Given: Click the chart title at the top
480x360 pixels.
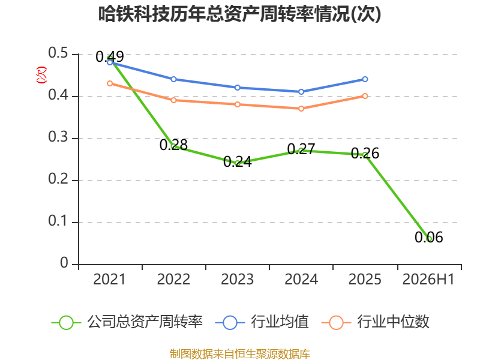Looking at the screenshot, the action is point(239,14).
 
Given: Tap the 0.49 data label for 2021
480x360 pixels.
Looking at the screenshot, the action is point(110,56).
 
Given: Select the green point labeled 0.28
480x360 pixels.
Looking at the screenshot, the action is point(173,146).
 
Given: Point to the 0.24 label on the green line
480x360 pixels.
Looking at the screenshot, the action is point(238,162).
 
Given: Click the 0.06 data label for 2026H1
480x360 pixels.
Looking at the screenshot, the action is point(428,237).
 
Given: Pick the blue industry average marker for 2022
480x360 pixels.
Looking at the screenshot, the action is point(173,79).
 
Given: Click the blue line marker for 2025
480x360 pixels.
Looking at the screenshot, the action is point(365,79).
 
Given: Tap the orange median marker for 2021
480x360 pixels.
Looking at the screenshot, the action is point(110,83).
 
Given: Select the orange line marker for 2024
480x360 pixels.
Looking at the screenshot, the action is point(301,109).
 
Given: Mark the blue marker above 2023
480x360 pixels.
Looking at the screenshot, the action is point(237,88).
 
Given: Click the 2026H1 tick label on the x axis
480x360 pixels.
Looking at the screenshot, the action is point(428,280).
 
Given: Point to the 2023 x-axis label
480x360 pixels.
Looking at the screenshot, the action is point(237,280).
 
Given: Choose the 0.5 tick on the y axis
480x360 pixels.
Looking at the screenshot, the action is point(58,53).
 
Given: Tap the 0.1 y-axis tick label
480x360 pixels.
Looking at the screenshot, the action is point(58,221).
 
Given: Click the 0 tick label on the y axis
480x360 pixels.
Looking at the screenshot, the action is point(64,263).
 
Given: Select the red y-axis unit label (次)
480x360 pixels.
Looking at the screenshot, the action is point(41,75).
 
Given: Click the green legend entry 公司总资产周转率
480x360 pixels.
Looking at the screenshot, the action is point(127,322).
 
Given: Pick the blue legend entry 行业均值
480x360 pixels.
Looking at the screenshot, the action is point(262,322).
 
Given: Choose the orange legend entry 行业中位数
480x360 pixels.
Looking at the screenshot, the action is point(376,322).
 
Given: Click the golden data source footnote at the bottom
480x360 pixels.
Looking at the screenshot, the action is point(240,354).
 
